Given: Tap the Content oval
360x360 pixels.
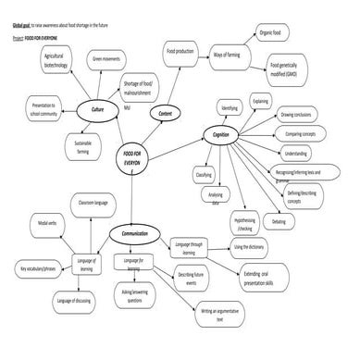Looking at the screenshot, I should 167,113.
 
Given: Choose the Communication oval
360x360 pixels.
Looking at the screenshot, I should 136,234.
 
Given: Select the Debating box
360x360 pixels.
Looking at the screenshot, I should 279,222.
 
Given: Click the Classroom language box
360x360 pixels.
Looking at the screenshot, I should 93,201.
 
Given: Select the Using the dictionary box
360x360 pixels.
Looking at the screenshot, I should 250,247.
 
